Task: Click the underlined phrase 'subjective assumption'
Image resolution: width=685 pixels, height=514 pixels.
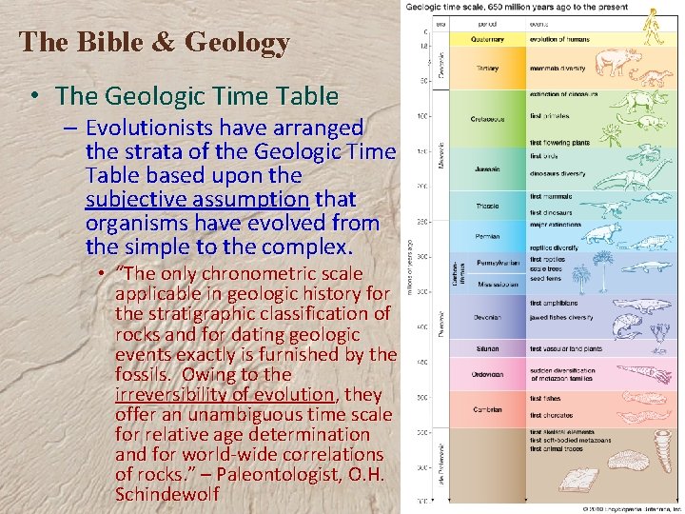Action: (220, 199)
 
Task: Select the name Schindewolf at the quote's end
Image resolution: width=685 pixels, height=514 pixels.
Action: (166, 494)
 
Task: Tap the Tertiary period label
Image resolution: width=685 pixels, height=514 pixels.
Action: (488, 69)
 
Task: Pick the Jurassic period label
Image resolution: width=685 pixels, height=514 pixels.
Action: (487, 169)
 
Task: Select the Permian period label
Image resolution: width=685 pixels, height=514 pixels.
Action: (487, 234)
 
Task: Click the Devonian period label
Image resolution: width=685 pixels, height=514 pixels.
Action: (488, 318)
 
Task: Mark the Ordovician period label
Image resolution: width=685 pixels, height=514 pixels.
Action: (488, 374)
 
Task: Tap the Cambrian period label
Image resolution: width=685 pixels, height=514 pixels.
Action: (487, 410)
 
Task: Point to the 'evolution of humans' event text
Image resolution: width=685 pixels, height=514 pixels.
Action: (560, 40)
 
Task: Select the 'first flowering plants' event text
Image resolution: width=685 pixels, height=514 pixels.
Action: (560, 143)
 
